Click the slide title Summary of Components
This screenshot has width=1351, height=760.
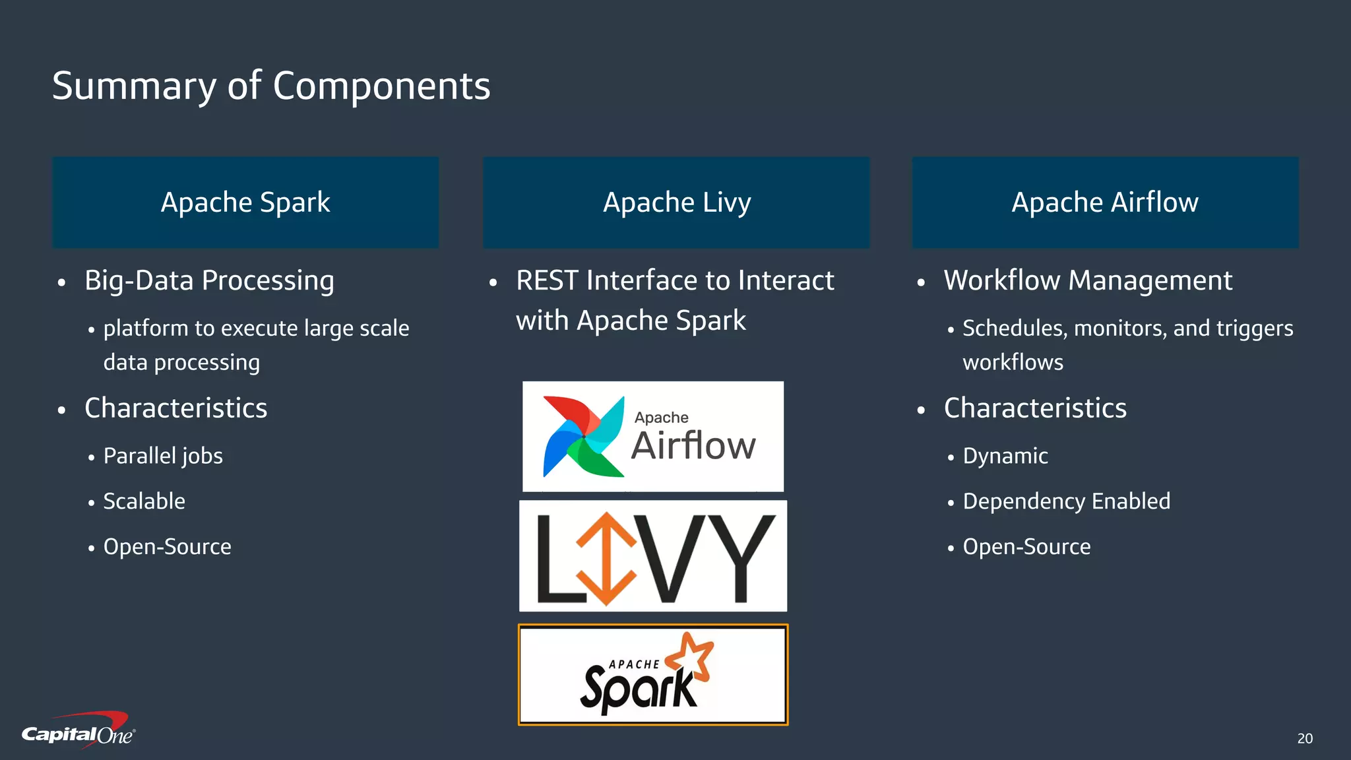[271, 86]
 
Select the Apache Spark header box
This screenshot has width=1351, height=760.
[245, 202]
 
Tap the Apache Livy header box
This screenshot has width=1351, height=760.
[676, 202]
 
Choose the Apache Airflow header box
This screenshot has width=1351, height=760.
[1105, 202]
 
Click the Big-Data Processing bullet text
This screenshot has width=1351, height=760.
[209, 280]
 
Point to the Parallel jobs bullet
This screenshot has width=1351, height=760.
[163, 456]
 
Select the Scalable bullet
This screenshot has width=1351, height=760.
[144, 501]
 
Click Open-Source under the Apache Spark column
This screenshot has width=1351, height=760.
[167, 547]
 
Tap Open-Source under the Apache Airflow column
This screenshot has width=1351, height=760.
[1026, 547]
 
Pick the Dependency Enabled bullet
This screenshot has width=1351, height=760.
[1066, 501]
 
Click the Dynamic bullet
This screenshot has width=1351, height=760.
[1005, 456]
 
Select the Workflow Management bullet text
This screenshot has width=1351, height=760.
[1088, 280]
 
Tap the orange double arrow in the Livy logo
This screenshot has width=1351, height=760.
[606, 558]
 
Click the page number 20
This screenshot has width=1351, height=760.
[1305, 738]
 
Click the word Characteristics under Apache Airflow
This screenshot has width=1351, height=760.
[1035, 408]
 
